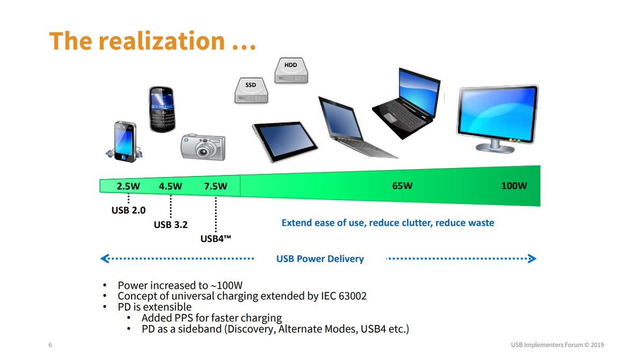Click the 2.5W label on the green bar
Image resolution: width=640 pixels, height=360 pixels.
point(128,186)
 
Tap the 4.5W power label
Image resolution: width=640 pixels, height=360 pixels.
point(170,186)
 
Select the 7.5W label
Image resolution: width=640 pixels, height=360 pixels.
point(215,186)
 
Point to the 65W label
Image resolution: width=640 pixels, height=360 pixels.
point(403,186)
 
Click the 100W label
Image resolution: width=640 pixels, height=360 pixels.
point(514,186)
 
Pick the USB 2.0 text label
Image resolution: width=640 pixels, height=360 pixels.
point(128,210)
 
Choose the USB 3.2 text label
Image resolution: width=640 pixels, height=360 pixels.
point(171,225)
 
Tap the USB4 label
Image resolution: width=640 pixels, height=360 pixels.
point(215,239)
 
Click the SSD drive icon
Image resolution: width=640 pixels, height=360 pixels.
point(251,91)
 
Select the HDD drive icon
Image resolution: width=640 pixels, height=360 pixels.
point(291,70)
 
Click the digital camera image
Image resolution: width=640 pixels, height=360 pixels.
point(203,147)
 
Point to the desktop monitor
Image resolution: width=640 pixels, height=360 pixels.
point(497,119)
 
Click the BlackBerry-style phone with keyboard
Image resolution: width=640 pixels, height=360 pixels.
point(162,109)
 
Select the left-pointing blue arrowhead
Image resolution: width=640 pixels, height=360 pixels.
point(105,259)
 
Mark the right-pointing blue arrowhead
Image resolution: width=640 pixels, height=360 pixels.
point(532,259)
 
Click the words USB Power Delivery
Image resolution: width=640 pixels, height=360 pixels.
point(320,259)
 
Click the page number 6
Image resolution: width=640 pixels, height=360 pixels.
point(50,345)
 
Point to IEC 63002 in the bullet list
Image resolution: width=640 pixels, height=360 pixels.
point(344,296)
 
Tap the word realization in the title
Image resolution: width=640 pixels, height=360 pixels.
point(162,41)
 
